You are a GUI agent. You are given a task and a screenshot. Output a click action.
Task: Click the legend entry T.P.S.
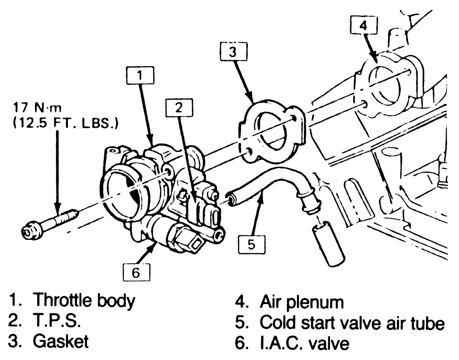click(57, 321)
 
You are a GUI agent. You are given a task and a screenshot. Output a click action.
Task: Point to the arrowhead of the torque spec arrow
click(57, 209)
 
